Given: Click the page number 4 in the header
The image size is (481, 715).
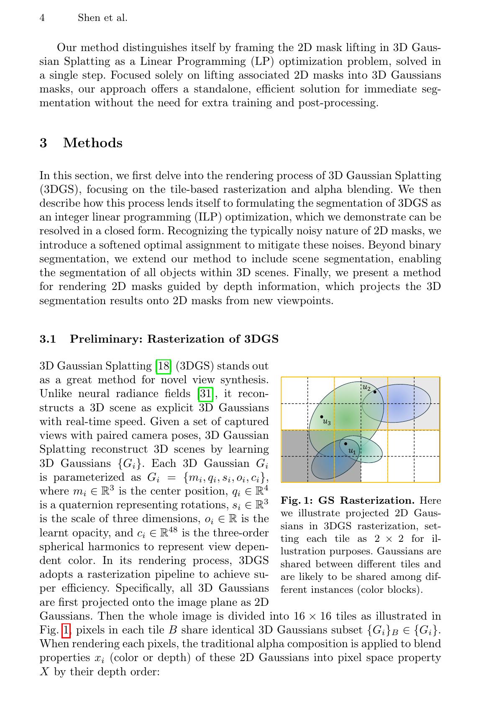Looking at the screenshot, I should [x=42, y=18].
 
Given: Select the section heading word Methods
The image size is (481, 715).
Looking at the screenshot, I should [x=93, y=143].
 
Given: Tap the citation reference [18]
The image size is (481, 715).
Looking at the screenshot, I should [x=163, y=366].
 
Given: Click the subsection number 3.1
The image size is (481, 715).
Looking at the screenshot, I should [x=48, y=339].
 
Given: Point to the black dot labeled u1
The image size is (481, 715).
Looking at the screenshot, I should [x=345, y=443].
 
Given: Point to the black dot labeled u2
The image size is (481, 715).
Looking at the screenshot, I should [x=375, y=392].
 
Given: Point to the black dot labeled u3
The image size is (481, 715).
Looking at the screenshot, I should [x=322, y=417].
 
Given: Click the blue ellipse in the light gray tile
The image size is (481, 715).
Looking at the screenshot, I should [x=402, y=404].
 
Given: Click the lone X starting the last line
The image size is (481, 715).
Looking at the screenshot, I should [x=43, y=672].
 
